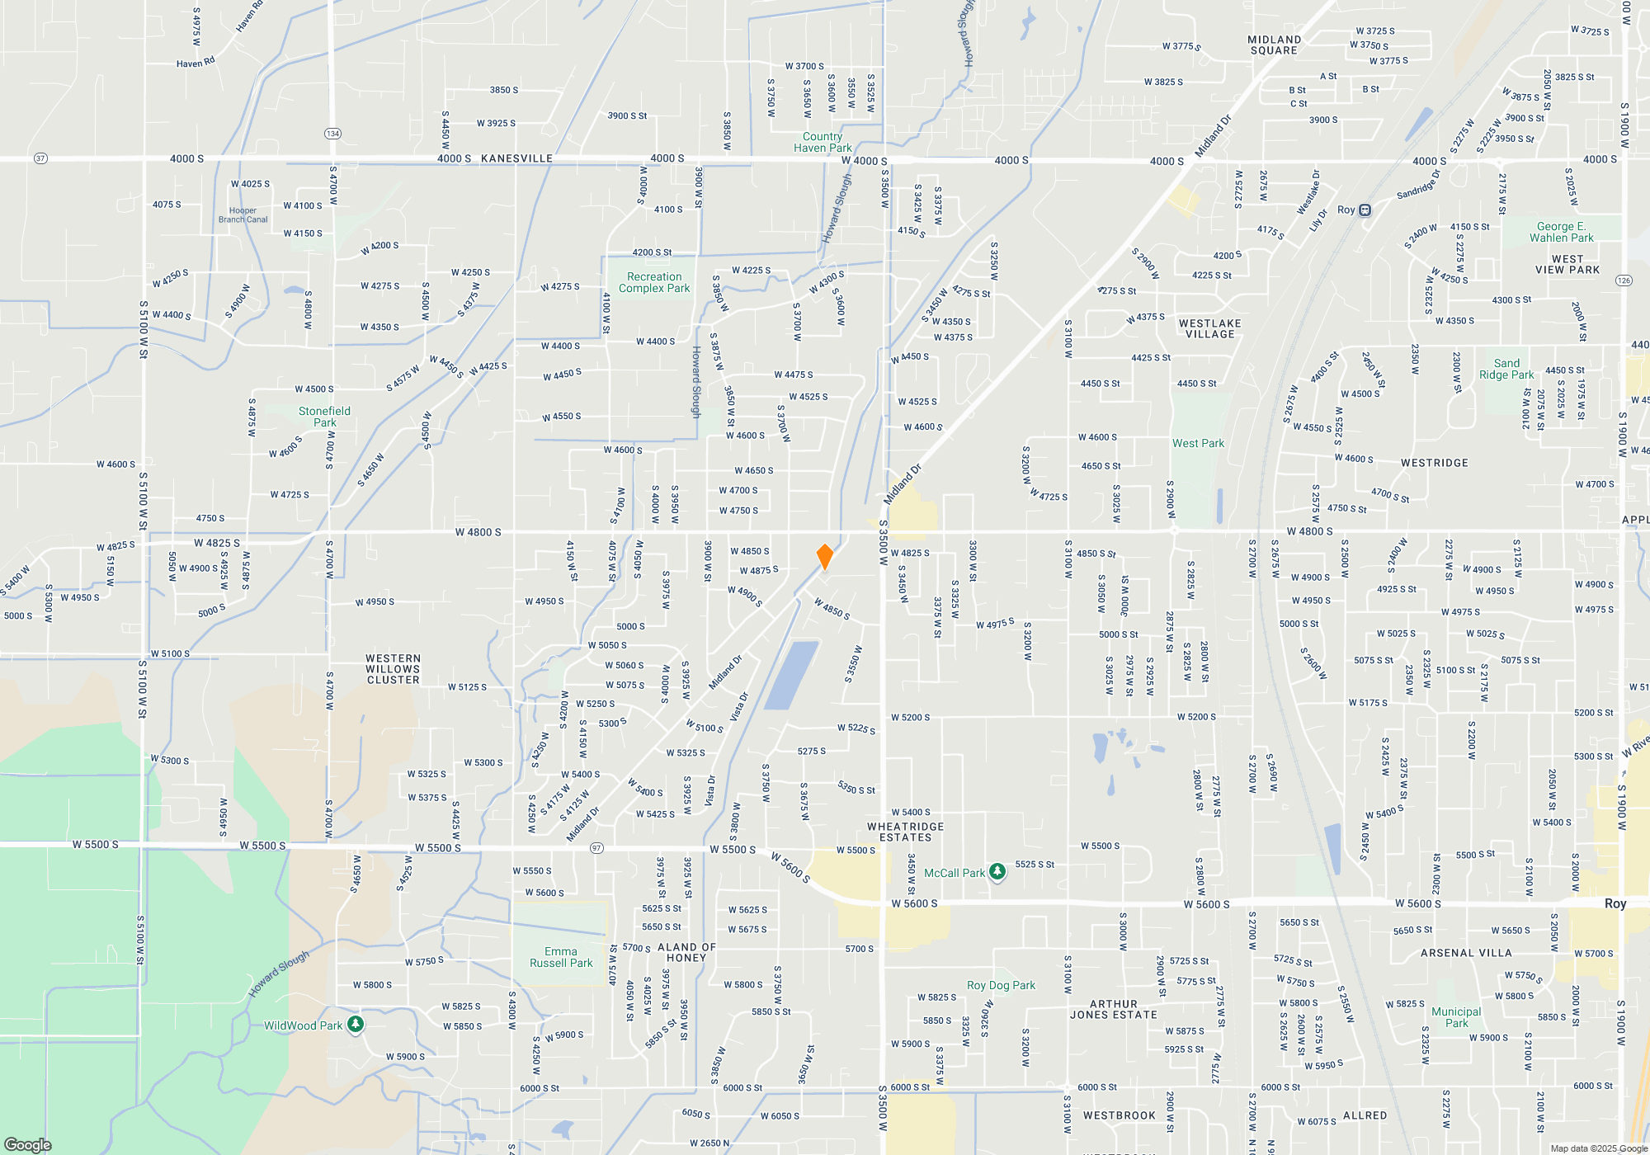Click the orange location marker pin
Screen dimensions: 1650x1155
click(x=824, y=557)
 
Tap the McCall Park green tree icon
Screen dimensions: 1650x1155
click(x=997, y=872)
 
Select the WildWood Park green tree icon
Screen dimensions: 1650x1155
click(x=356, y=1025)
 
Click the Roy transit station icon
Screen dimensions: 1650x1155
click(x=1365, y=210)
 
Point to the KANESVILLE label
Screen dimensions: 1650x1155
click(x=516, y=158)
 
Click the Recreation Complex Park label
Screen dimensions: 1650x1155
click(x=654, y=283)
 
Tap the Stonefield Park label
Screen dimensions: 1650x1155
click(x=324, y=417)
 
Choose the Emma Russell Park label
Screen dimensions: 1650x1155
click(x=561, y=957)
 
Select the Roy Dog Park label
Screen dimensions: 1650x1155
click(x=1001, y=985)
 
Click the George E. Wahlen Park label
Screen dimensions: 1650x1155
click(x=1561, y=232)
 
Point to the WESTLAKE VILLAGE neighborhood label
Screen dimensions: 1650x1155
click(x=1209, y=328)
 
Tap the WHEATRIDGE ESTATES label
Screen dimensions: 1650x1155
click(x=905, y=832)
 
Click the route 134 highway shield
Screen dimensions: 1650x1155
click(x=332, y=134)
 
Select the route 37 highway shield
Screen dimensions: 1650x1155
click(x=40, y=158)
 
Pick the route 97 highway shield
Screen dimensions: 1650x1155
click(x=597, y=848)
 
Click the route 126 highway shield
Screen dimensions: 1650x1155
click(x=1624, y=280)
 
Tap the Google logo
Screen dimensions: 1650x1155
click(x=28, y=1144)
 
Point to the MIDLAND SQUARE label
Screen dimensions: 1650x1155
click(x=1274, y=45)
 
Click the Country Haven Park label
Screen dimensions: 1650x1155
click(x=823, y=142)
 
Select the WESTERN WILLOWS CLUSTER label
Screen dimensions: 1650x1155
click(x=393, y=669)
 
